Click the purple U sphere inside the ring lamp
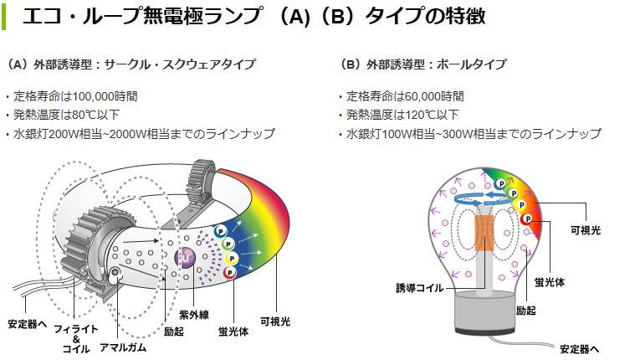185,258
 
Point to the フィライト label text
74,327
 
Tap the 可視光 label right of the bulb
585,229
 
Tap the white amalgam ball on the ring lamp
115,273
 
